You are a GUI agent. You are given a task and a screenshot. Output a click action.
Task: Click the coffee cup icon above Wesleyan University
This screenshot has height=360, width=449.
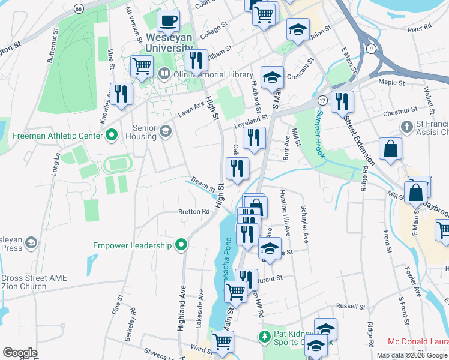point(168,21)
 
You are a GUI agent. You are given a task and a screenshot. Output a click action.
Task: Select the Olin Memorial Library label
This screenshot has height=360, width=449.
point(205,74)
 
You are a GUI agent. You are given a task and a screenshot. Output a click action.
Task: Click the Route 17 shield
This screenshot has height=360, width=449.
point(322,100)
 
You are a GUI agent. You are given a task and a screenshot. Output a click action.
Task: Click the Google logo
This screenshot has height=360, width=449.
point(20,352)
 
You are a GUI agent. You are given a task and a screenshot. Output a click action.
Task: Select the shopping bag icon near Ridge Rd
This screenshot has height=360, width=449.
point(390,150)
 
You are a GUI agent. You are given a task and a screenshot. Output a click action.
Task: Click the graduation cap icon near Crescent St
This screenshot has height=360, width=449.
point(272,77)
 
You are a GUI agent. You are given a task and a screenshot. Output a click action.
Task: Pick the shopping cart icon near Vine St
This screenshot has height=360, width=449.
point(141,66)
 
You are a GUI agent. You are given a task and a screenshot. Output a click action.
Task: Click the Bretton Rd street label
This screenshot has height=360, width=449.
point(193,211)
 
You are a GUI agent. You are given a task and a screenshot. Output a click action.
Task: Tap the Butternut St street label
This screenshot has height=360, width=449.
point(52,45)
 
